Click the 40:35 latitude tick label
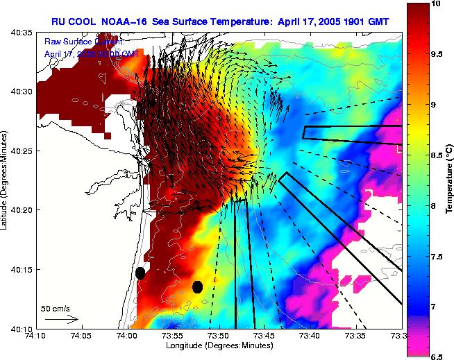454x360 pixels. (20, 33)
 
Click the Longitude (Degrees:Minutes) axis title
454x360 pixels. (219, 345)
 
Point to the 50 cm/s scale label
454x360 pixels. (56, 308)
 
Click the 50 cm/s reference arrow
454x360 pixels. (62, 319)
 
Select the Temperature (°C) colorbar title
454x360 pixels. (448, 180)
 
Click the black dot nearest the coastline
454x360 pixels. (140, 273)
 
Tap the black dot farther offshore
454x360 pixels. (197, 286)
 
